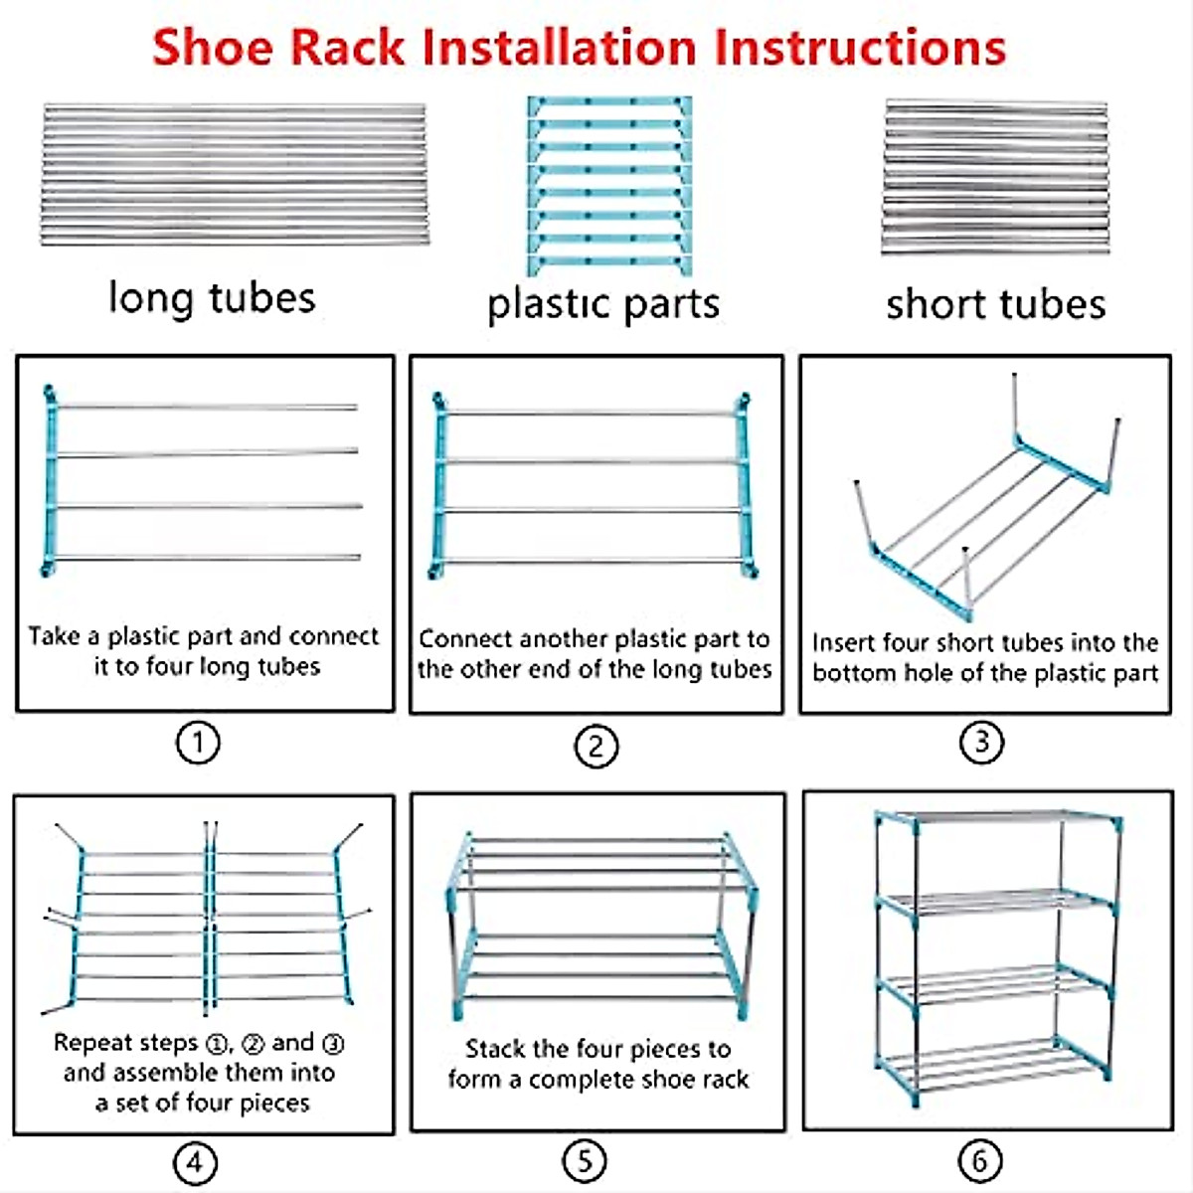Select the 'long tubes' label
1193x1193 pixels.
[x=212, y=298]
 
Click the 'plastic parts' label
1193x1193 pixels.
[x=603, y=304]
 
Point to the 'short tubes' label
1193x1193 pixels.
[x=995, y=304]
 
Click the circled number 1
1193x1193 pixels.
[x=197, y=743]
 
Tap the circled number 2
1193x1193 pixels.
[x=596, y=746]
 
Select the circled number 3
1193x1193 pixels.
[x=981, y=742]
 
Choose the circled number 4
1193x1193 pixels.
[x=194, y=1162]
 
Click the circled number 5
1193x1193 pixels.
[x=584, y=1160]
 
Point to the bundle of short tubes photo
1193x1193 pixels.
[x=995, y=176]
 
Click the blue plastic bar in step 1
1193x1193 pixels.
[x=50, y=482]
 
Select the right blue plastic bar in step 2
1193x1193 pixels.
[x=743, y=487]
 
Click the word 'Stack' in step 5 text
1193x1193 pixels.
[x=495, y=1049]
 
